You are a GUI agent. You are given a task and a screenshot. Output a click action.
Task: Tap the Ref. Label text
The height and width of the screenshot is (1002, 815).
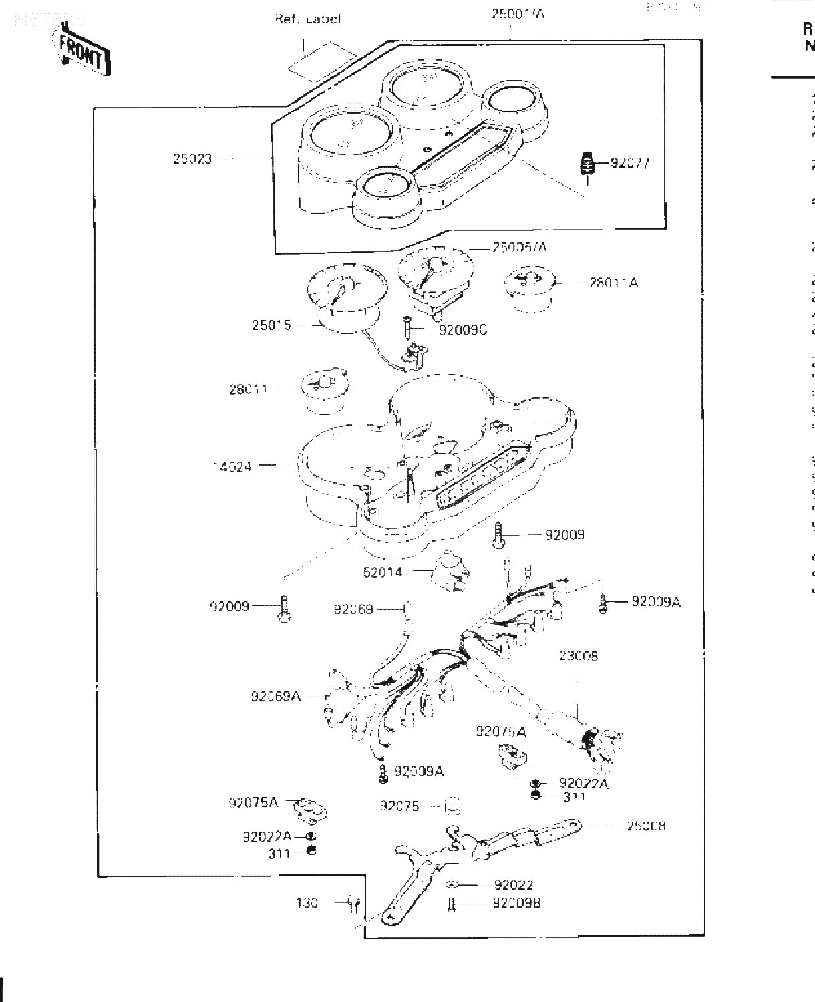[x=307, y=19]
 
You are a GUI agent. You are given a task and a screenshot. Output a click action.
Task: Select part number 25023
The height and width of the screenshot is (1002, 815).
[x=192, y=159]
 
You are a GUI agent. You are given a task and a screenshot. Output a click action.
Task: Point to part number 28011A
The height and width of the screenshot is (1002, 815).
[x=613, y=283]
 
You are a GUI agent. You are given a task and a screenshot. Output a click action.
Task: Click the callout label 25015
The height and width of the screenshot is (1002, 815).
[x=271, y=326]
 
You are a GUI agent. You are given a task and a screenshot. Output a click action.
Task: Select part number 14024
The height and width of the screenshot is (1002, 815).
[x=232, y=466]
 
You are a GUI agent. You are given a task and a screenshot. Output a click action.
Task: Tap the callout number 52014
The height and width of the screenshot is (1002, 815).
[x=383, y=572]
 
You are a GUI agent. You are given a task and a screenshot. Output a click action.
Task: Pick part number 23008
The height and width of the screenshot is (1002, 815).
[x=579, y=656]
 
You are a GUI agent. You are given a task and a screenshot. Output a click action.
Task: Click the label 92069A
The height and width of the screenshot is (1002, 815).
[x=275, y=697]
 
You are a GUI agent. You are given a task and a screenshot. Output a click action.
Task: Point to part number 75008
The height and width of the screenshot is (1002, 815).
[x=646, y=826]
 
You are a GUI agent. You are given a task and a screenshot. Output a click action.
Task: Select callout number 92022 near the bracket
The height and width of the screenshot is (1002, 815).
[x=513, y=885]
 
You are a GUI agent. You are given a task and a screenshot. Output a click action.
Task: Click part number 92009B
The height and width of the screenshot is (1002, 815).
[x=516, y=903]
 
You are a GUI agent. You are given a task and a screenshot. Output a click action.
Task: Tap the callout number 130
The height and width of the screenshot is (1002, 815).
[x=307, y=903]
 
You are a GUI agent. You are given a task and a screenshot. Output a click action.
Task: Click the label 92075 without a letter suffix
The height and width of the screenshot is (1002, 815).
[x=399, y=806]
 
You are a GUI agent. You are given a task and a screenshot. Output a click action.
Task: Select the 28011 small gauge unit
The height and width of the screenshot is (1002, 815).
[x=325, y=391]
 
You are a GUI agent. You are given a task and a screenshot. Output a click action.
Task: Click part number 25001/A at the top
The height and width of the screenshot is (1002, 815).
[x=518, y=13]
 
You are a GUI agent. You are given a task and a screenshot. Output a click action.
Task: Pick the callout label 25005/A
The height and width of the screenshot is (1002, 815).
[x=519, y=248]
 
